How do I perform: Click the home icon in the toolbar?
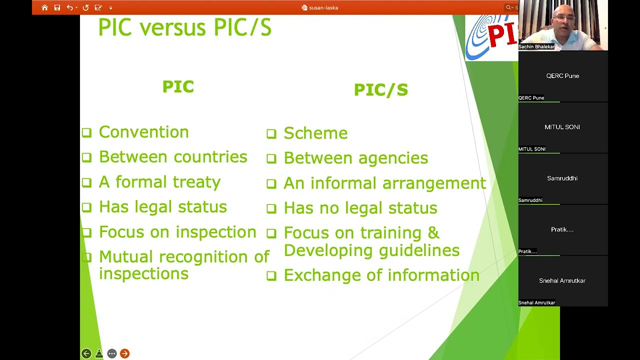[x=44, y=7]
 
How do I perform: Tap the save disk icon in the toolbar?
[x=57, y=7]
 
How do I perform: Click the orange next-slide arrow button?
[x=124, y=353]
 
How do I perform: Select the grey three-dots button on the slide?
[x=112, y=353]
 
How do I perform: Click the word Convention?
[x=143, y=132]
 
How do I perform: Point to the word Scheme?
[x=315, y=133]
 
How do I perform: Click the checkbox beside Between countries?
[x=86, y=157]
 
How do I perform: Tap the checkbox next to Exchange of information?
[x=271, y=275]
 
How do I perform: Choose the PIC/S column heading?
[x=381, y=90]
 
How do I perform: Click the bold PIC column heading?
[x=178, y=86]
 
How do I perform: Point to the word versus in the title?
[x=172, y=28]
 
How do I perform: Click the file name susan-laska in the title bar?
[x=323, y=7]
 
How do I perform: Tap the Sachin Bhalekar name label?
[x=536, y=46]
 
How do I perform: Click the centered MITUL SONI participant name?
[x=562, y=127]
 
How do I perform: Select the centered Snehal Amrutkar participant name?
[x=562, y=281]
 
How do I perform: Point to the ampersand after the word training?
[x=433, y=232]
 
